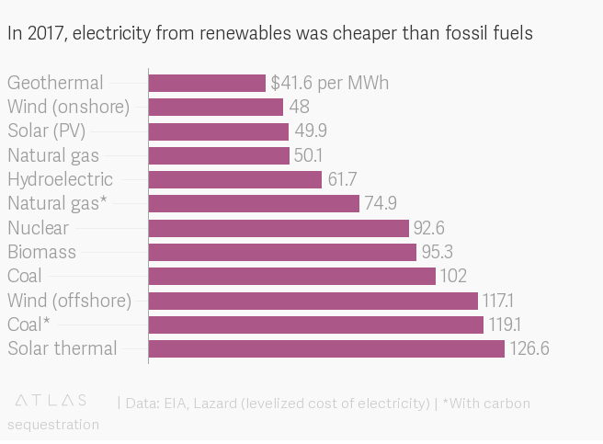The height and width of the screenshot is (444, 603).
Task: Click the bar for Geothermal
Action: click(207, 84)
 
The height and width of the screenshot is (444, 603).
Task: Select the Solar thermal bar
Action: click(326, 348)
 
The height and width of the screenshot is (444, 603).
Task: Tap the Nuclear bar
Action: click(279, 228)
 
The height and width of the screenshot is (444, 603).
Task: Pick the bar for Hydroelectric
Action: click(235, 179)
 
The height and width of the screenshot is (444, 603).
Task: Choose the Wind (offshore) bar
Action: click(313, 301)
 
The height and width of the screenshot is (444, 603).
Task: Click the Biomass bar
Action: click(282, 252)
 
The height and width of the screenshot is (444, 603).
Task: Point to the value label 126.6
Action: click(530, 348)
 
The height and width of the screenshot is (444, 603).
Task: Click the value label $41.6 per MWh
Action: click(330, 84)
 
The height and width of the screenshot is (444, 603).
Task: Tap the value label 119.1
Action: click(505, 324)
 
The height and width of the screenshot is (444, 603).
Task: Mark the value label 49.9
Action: click(311, 131)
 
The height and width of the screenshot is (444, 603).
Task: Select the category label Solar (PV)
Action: click(47, 131)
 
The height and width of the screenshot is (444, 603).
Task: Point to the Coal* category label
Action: click(28, 324)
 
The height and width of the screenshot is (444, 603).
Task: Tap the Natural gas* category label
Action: click(57, 204)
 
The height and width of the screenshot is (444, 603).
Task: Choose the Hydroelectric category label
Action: click(60, 179)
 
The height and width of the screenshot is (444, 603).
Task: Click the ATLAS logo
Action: click(51, 401)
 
